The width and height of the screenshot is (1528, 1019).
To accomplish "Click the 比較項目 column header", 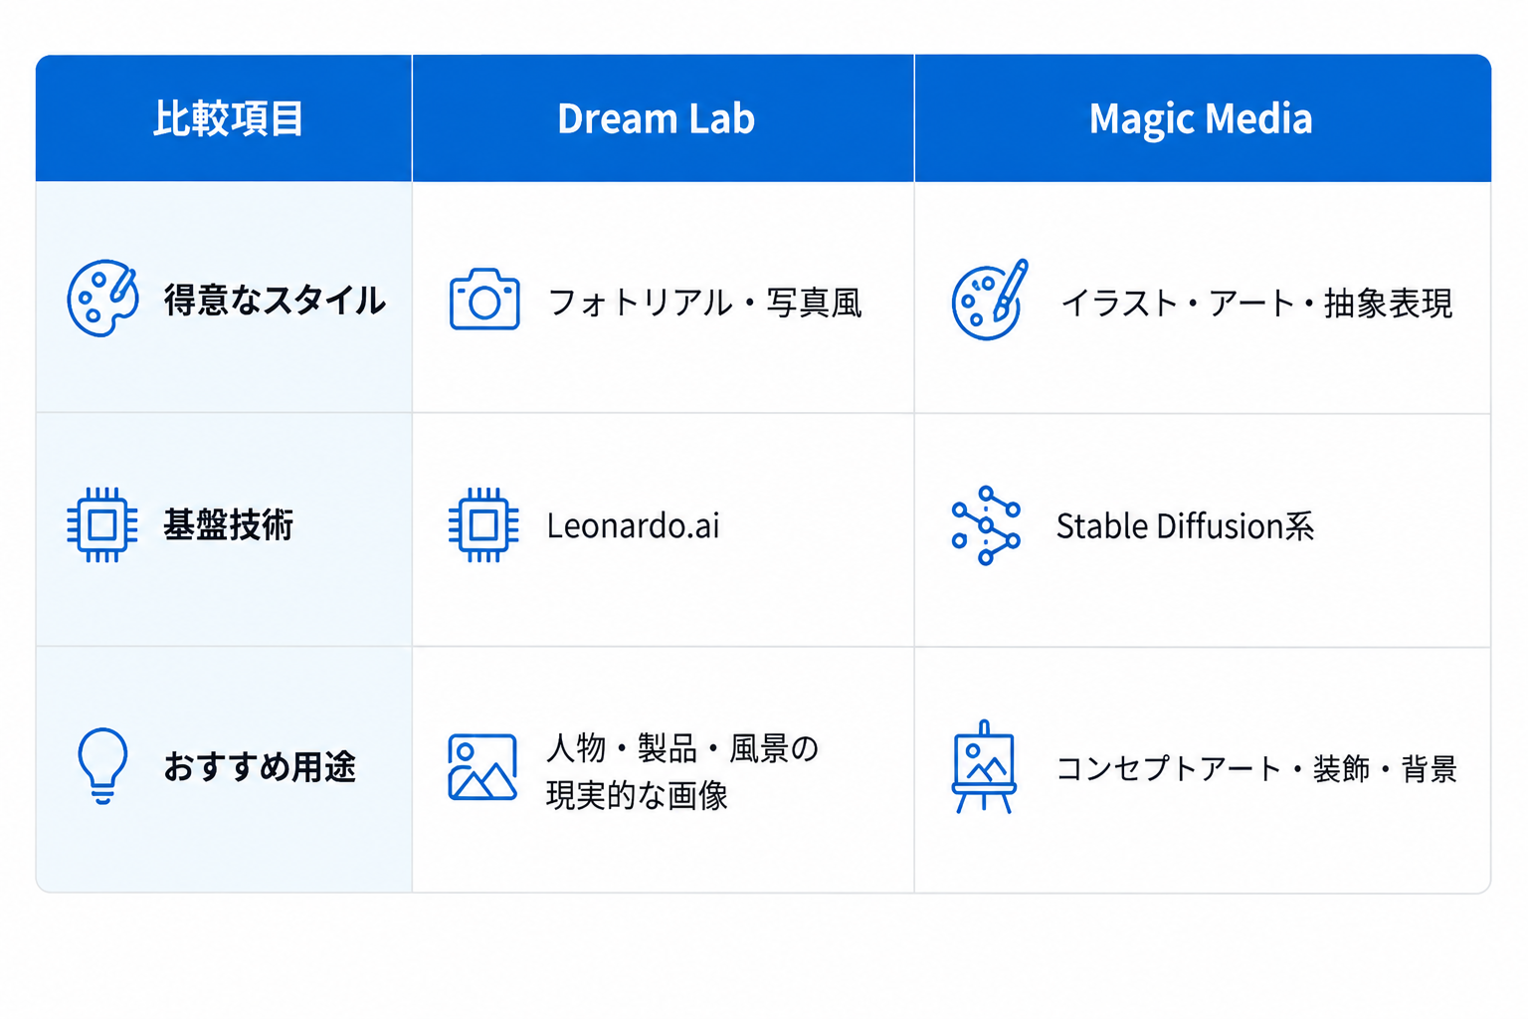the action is click(x=228, y=118).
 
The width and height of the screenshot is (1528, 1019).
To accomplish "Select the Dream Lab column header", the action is click(x=657, y=118).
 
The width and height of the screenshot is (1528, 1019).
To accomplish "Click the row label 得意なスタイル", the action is click(x=275, y=301).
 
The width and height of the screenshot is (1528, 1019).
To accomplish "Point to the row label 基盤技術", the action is click(x=229, y=524).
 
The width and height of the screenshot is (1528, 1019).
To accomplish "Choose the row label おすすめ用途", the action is click(x=260, y=766).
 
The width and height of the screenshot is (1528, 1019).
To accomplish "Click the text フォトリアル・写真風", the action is click(x=705, y=303).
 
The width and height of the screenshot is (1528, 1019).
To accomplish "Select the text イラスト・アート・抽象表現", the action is click(x=1256, y=303).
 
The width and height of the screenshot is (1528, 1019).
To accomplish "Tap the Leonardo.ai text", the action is click(x=633, y=525).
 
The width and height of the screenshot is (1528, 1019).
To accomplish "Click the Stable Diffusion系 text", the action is click(x=1185, y=526).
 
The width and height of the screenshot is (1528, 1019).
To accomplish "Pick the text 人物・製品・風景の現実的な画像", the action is click(x=682, y=771).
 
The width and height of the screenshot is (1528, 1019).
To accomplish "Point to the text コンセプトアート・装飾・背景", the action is click(x=1256, y=768).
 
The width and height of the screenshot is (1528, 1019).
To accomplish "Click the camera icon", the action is click(x=484, y=300).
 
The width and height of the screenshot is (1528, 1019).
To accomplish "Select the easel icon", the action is click(x=984, y=766).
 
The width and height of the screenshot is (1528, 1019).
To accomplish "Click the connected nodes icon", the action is click(x=986, y=524).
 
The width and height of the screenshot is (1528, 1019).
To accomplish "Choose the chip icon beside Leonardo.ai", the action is click(x=483, y=524).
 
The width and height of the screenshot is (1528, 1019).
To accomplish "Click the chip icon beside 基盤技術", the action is click(x=102, y=524).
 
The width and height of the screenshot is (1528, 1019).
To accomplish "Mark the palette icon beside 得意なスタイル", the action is click(x=103, y=298).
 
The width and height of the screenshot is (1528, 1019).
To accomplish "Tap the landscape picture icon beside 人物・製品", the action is click(x=482, y=767).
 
